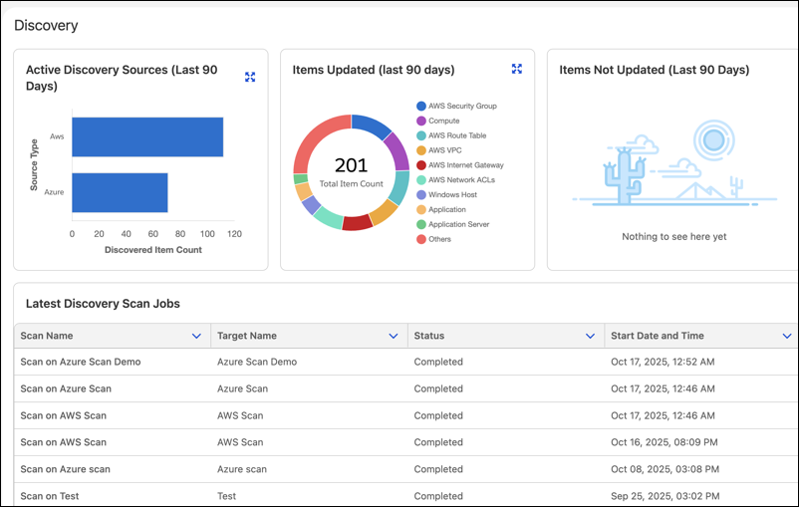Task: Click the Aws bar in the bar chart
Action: click(147, 137)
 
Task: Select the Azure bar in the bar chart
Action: click(120, 192)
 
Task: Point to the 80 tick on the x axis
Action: click(180, 234)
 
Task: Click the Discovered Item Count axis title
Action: click(152, 250)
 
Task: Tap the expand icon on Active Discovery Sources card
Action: click(250, 77)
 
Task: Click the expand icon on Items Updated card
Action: click(517, 69)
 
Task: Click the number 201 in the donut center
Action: click(351, 165)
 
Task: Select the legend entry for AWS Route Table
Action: click(451, 135)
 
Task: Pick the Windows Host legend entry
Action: click(447, 194)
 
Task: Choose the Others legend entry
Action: click(433, 239)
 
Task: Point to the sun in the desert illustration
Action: click(713, 139)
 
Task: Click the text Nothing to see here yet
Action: click(674, 236)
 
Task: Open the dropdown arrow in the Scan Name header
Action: click(196, 336)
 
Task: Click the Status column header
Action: click(429, 336)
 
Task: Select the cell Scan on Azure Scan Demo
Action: click(81, 362)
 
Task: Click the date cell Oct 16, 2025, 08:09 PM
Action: click(664, 442)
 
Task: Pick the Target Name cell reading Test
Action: click(227, 496)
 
